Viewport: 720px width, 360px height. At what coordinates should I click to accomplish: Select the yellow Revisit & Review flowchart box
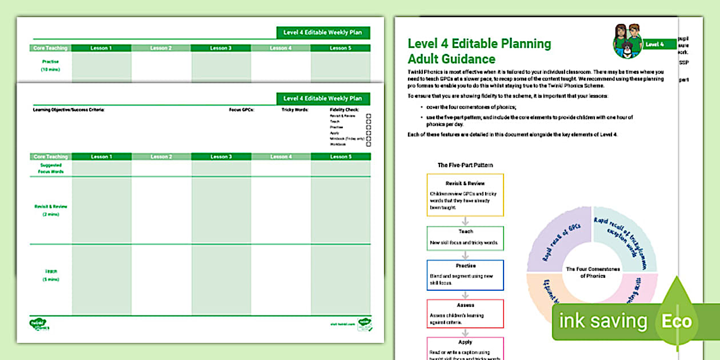tap(465, 195)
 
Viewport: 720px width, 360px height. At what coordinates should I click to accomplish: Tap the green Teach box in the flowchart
tap(465, 238)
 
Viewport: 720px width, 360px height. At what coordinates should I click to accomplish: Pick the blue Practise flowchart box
tap(465, 275)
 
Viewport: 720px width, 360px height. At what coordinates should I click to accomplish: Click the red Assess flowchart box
tap(465, 313)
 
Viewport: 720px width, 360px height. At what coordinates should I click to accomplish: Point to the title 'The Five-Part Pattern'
tap(465, 165)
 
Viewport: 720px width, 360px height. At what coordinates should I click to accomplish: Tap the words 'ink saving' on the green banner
tap(603, 321)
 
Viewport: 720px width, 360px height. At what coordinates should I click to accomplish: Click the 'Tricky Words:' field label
tap(295, 109)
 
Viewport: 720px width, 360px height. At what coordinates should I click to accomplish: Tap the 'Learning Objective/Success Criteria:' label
tap(69, 109)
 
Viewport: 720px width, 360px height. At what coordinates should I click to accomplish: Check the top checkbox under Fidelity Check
tap(369, 116)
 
